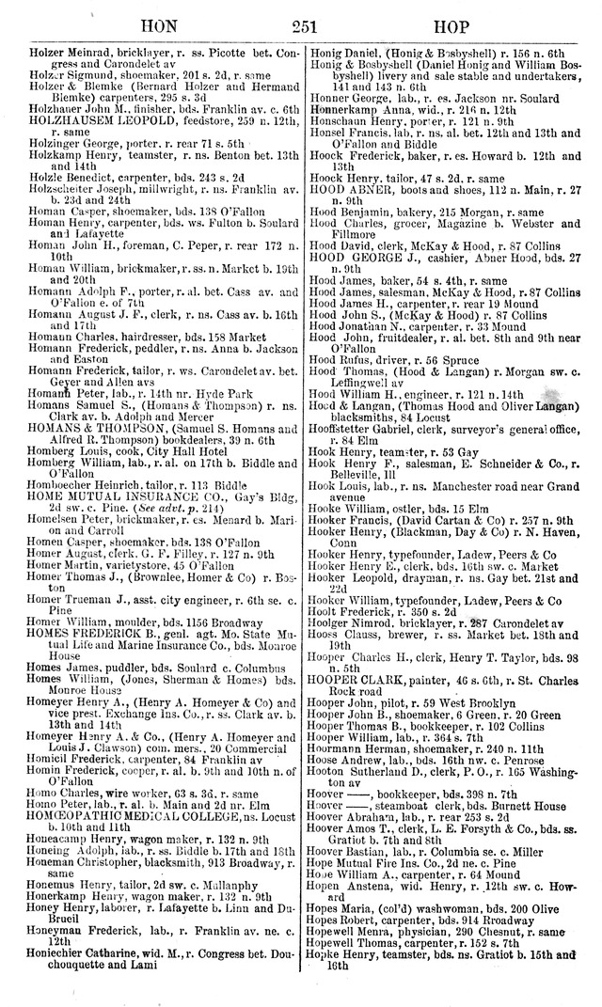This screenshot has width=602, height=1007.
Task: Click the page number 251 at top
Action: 303,21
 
